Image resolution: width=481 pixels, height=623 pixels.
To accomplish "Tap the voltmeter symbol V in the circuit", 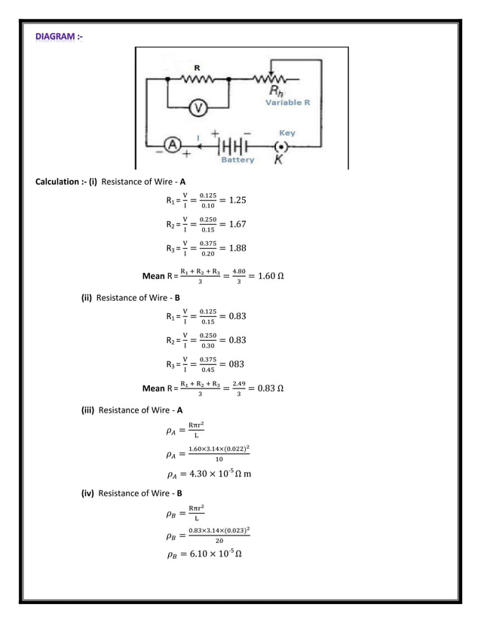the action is [x=198, y=108].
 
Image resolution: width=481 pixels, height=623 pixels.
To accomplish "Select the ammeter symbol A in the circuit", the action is [x=171, y=146].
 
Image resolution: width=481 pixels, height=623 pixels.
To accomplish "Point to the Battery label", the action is [x=237, y=160].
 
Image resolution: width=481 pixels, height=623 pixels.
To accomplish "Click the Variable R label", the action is [x=287, y=103].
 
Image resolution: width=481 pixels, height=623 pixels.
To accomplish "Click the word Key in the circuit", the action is [x=287, y=133].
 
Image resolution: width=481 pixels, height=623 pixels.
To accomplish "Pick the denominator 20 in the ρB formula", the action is [x=219, y=540].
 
